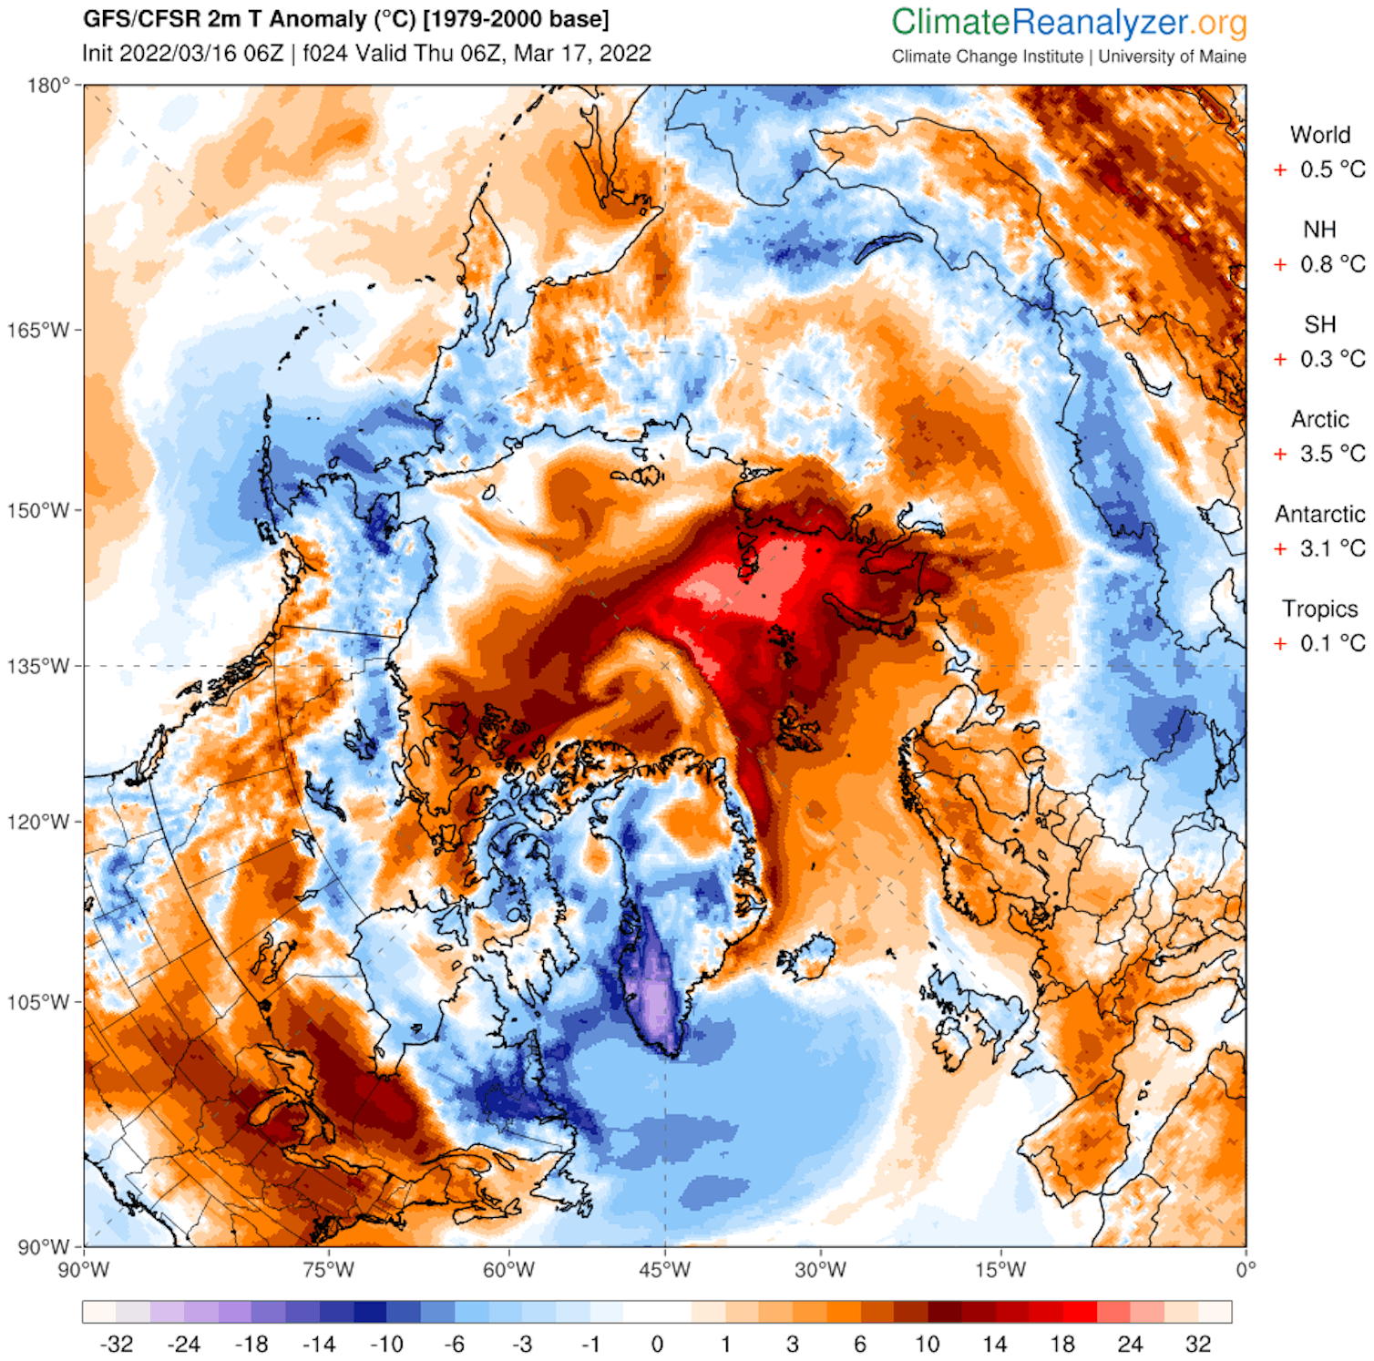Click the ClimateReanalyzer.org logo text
pyautogui.click(x=1068, y=23)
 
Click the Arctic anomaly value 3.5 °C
pyautogui.click(x=1331, y=454)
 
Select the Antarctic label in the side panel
pyautogui.click(x=1319, y=514)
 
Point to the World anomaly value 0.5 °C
pyautogui.click(x=1331, y=169)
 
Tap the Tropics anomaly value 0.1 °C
pyautogui.click(x=1331, y=643)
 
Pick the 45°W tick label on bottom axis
pyautogui.click(x=664, y=1269)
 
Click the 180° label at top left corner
pyautogui.click(x=47, y=86)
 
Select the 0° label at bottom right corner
pyautogui.click(x=1245, y=1269)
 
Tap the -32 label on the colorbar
pyautogui.click(x=116, y=1344)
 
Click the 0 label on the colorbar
pyautogui.click(x=657, y=1344)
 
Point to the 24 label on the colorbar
pyautogui.click(x=1130, y=1344)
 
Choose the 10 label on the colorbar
pyautogui.click(x=927, y=1344)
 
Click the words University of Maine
pyautogui.click(x=1172, y=56)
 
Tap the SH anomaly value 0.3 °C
pyautogui.click(x=1331, y=359)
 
